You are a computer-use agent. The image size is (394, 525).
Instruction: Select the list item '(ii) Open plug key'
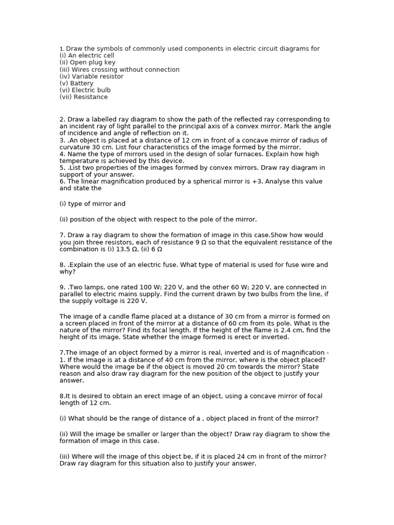(x=87, y=63)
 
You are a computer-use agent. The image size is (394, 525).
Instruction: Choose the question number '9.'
(x=63, y=288)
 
